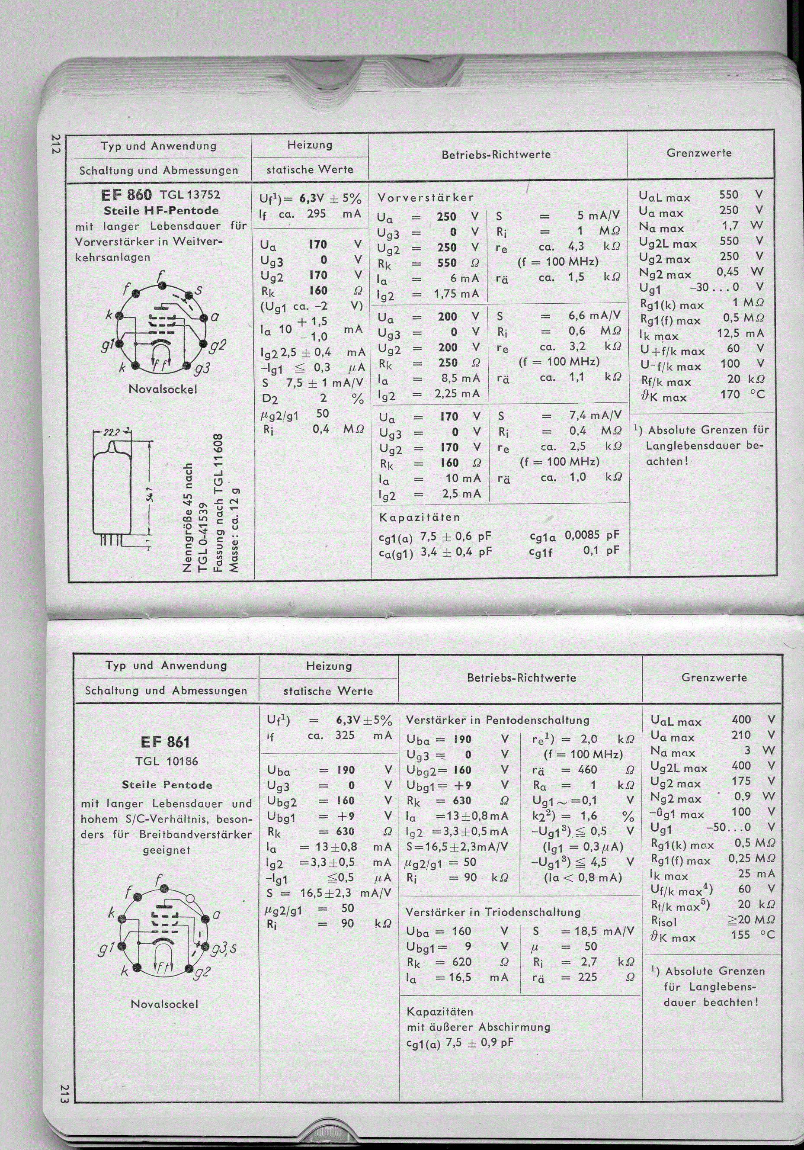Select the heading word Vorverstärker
click(x=425, y=197)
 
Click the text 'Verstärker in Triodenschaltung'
click(x=493, y=912)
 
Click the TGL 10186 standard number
click(x=167, y=761)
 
